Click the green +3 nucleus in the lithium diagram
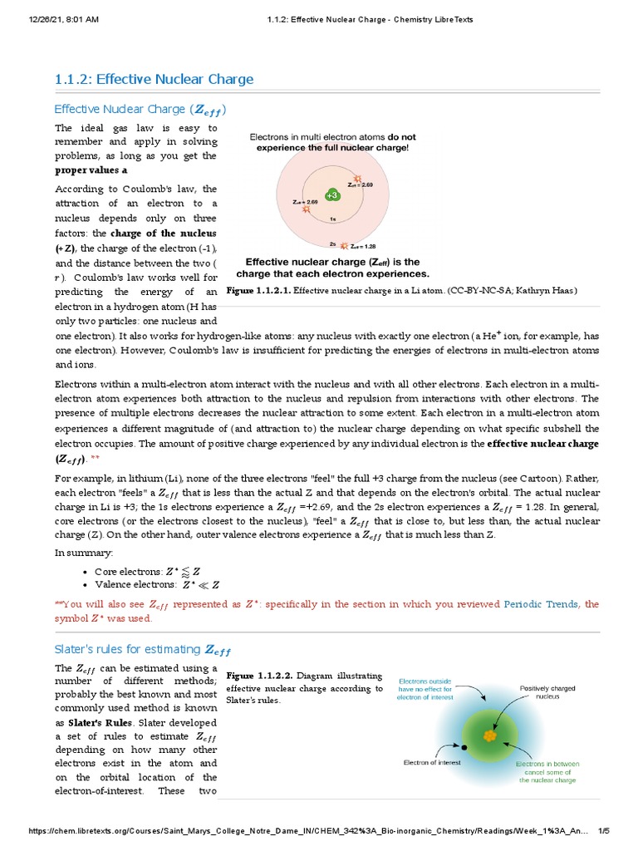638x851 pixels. click(332, 194)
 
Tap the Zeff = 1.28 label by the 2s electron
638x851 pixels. click(362, 246)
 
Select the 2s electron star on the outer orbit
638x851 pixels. click(343, 245)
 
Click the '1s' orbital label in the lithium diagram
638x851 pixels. click(332, 219)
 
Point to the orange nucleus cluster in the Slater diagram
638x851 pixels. click(490, 736)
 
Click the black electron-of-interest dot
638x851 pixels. click(464, 746)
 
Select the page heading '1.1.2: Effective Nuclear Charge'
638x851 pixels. click(154, 80)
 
